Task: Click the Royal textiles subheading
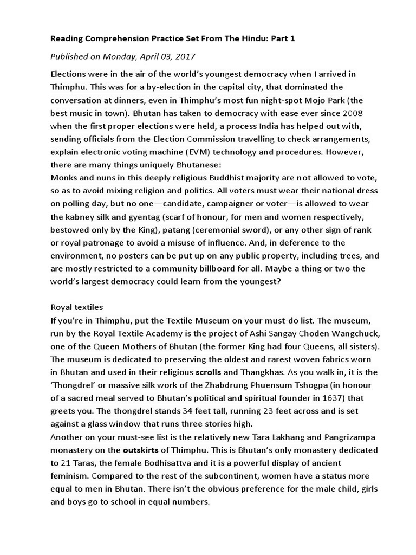tap(73, 307)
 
